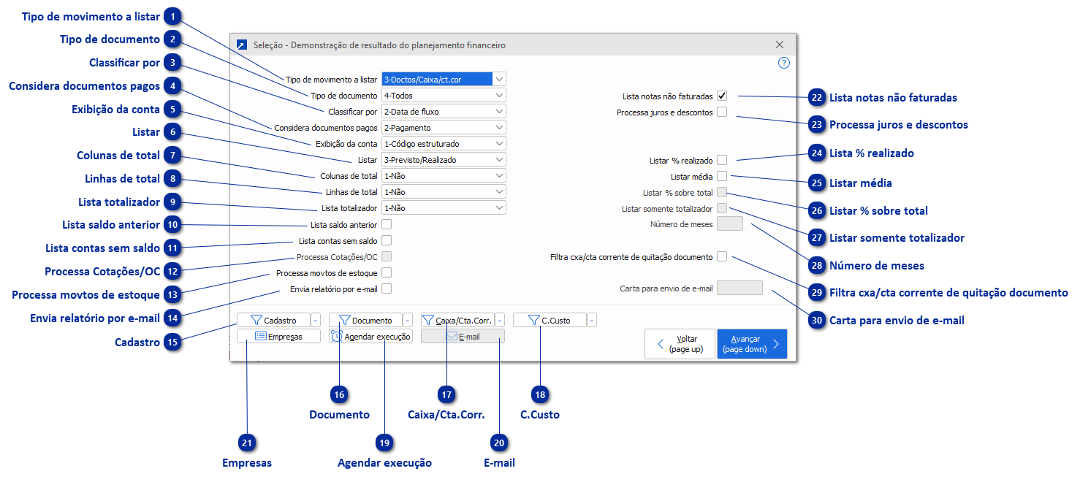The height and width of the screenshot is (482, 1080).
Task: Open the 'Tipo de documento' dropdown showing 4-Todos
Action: tap(444, 96)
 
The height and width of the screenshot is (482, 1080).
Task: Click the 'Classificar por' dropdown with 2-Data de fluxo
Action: tap(444, 112)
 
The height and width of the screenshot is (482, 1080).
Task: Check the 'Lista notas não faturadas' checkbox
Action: tap(722, 96)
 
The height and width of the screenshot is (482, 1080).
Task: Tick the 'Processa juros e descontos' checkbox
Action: tap(722, 112)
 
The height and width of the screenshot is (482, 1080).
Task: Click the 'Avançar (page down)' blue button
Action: tap(752, 344)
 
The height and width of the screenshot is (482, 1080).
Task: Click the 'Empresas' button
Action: tap(278, 336)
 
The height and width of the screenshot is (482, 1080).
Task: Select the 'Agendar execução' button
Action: tap(370, 336)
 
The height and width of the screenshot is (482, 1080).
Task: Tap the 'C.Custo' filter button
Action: tap(549, 320)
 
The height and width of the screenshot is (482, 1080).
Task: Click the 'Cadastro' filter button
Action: tap(273, 320)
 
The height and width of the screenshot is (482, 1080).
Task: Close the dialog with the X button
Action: tap(779, 45)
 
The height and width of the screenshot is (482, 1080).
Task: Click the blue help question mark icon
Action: tap(784, 63)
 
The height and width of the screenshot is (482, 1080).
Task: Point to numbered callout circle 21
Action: tap(247, 443)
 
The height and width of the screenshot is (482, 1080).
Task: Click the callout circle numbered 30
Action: tap(817, 320)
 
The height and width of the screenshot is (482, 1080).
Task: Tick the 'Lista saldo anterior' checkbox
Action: tap(387, 224)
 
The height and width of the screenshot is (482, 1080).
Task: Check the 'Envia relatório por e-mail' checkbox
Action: tap(387, 288)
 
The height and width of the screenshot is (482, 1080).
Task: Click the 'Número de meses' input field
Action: tap(730, 224)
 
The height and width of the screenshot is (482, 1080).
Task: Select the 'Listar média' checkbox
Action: tap(722, 176)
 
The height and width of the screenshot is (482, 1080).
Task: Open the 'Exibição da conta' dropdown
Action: tap(444, 144)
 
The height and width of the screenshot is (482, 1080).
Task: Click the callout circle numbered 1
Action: tap(172, 16)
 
